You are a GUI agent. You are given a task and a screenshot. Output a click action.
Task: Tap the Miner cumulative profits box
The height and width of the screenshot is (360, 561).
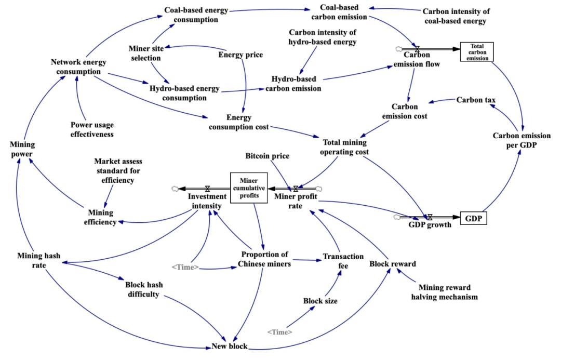[x=249, y=187]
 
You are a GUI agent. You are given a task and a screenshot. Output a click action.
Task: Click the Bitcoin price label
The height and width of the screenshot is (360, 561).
[x=267, y=156]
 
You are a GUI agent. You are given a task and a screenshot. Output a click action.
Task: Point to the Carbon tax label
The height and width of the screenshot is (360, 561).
[x=473, y=100]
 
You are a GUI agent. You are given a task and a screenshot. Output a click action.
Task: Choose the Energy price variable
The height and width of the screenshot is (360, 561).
[x=241, y=54]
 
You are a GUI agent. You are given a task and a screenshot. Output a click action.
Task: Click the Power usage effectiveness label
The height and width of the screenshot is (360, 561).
[x=92, y=129]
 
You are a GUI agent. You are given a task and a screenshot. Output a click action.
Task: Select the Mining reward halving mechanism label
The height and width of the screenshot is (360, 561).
[x=448, y=292]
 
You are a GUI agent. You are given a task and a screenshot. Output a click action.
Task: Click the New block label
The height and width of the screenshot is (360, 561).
[x=229, y=346]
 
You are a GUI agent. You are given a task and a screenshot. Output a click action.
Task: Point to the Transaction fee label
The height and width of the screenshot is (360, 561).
[x=336, y=261]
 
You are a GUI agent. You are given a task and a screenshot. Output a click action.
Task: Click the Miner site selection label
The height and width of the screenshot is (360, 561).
[x=146, y=54]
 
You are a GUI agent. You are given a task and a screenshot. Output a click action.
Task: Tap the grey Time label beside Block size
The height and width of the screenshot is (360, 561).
[x=279, y=331]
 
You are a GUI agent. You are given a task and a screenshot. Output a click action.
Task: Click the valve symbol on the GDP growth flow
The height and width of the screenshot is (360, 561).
[x=430, y=216]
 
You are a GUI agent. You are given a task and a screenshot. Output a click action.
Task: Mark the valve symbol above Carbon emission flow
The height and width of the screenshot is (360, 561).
[x=416, y=49]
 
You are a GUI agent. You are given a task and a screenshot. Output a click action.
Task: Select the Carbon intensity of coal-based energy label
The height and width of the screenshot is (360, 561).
[x=456, y=16]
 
